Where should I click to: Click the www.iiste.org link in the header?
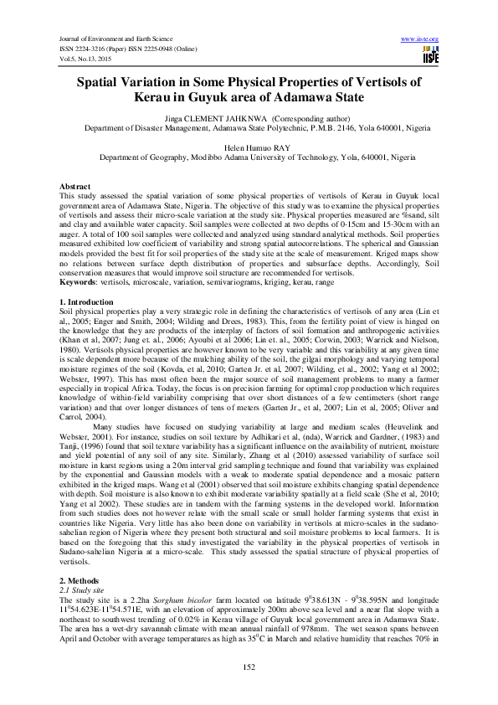420,39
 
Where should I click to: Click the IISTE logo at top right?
431,56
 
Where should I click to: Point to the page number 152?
249,666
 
